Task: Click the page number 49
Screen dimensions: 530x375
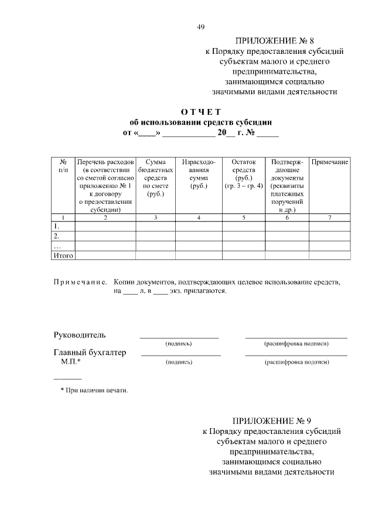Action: point(200,27)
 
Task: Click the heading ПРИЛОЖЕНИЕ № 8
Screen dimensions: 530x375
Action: point(274,41)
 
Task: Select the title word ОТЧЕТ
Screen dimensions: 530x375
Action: point(201,112)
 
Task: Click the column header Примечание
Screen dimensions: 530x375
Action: point(330,162)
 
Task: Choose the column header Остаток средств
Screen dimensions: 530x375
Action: point(243,174)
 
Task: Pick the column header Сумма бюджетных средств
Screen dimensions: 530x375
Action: point(155,177)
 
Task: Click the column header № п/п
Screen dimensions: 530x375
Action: point(63,165)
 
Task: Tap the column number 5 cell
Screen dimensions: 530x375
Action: point(243,218)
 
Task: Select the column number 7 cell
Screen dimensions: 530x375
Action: point(330,218)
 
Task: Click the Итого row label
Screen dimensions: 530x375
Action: point(63,255)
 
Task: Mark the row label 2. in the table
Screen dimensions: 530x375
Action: point(57,236)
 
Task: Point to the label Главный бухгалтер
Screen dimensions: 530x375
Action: point(90,353)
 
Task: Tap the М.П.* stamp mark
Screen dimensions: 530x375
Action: point(71,362)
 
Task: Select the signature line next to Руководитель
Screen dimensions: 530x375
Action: point(179,337)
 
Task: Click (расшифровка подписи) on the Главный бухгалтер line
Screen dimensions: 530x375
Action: point(296,362)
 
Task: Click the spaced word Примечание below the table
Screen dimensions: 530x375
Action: point(80,282)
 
